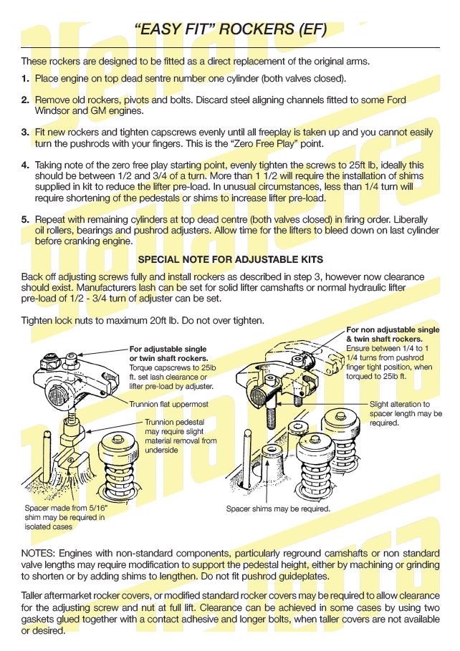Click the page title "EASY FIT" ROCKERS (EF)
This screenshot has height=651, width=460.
[x=230, y=29]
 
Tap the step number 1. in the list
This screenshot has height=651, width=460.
[x=25, y=78]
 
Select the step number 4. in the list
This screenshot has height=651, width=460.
[x=25, y=164]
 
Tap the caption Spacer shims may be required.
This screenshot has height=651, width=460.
[x=278, y=509]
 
